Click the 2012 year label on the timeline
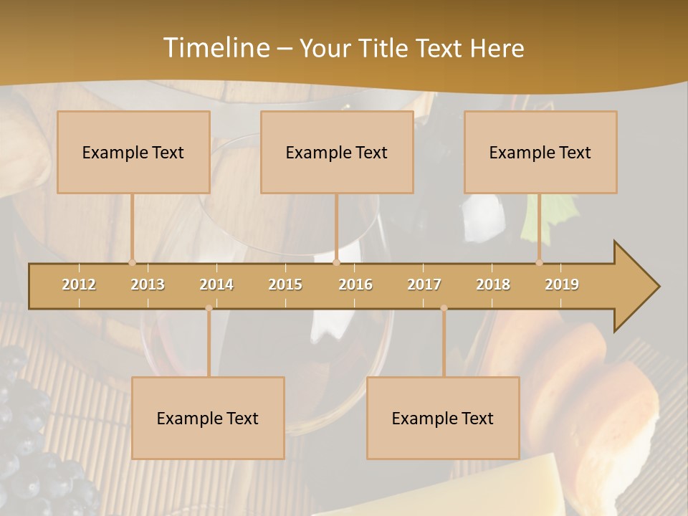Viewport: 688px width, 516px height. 79,285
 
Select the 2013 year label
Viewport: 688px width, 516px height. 148,285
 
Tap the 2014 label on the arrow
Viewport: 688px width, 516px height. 216,285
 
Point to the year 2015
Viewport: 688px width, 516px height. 285,285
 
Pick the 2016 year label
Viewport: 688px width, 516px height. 355,285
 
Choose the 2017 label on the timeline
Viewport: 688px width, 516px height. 424,285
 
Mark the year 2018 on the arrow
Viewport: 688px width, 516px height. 493,285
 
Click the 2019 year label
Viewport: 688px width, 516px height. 562,285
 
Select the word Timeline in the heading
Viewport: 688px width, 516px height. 215,48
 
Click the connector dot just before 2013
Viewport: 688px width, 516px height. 132,263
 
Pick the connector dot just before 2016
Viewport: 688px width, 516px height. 336,263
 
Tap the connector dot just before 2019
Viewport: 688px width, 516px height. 540,263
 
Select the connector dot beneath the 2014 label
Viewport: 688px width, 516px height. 209,308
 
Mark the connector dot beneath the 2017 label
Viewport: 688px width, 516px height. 444,308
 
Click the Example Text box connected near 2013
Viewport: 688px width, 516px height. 133,152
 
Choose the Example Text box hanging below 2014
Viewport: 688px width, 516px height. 208,418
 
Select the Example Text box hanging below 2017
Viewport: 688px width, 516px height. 443,418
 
